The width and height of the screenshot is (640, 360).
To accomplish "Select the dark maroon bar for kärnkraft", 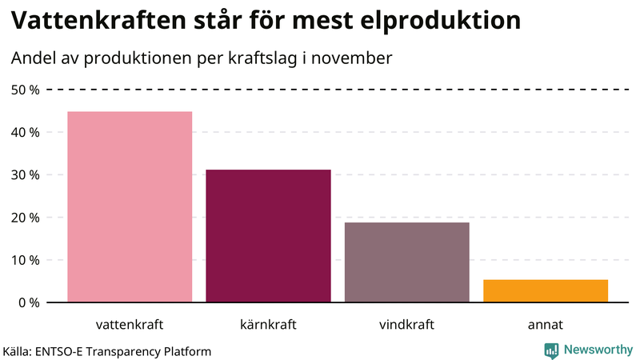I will coord(268,236).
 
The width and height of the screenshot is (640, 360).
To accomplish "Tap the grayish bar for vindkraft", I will coord(406,262).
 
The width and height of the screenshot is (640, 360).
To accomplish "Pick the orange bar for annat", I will coord(546,291).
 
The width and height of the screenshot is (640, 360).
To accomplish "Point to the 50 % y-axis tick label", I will coord(26,90).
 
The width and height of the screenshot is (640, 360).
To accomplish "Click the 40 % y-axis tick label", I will coord(26,132).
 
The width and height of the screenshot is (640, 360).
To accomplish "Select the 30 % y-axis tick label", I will coord(26,174).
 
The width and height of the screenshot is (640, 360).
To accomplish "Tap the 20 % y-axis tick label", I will coord(26,217).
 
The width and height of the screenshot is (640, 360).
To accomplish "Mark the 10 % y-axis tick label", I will coord(26,260).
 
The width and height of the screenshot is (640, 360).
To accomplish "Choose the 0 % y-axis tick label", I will coord(29,302).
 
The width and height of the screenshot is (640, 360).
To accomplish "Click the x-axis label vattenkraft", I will coord(130,325).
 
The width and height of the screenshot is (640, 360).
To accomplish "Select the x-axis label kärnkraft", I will coord(268,325).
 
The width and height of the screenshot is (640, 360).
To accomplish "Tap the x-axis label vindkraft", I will coord(406,325).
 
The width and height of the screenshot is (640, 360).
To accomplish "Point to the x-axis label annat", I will coord(546,325).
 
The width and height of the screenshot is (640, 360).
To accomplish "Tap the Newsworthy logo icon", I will coord(551,350).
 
